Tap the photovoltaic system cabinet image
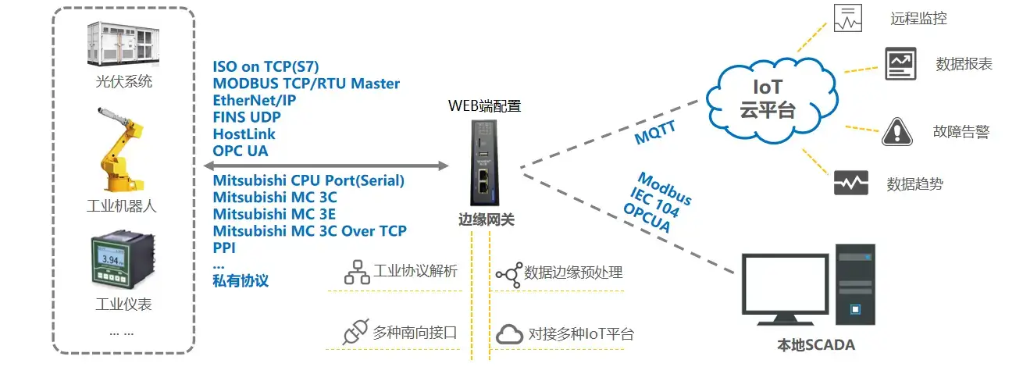122,43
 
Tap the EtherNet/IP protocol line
254,101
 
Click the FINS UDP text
247,118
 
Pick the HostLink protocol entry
244,134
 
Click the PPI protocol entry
224,248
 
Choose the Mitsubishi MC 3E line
275,214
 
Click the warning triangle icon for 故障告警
896,132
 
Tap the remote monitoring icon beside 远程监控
848,18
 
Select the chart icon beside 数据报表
900,63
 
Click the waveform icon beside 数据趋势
851,183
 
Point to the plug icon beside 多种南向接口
355,333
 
